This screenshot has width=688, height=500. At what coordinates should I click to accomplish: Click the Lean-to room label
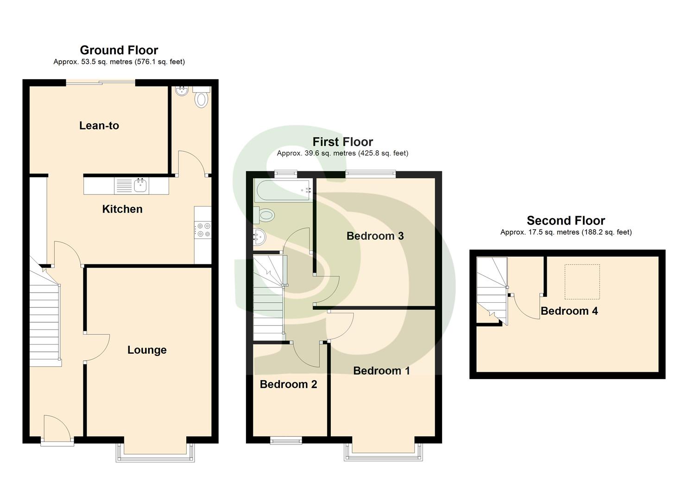click(99, 125)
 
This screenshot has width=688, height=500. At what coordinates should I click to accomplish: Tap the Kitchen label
click(122, 209)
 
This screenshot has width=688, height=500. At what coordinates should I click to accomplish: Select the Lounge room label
click(147, 350)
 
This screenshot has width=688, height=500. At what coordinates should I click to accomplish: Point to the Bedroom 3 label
click(375, 236)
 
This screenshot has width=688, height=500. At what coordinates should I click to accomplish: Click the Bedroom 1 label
click(381, 371)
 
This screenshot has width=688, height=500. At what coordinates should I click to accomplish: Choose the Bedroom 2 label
click(288, 384)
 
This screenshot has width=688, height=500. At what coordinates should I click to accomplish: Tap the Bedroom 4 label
click(569, 311)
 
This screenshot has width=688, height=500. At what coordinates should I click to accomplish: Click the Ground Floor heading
click(119, 50)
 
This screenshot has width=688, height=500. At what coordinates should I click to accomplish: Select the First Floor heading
click(342, 142)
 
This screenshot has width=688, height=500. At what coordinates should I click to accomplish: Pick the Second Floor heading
click(566, 220)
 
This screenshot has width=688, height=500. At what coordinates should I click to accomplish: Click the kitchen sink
click(140, 186)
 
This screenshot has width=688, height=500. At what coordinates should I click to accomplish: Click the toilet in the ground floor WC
click(201, 98)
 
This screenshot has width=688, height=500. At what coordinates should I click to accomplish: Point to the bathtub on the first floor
click(283, 190)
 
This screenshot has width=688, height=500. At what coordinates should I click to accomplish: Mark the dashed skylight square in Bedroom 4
click(582, 281)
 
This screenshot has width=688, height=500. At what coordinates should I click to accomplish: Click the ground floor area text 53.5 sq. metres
click(119, 62)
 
